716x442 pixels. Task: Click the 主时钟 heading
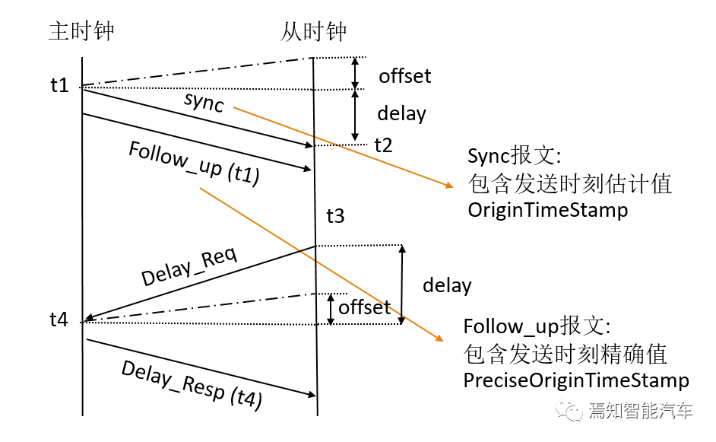[81, 32]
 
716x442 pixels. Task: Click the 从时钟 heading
[313, 32]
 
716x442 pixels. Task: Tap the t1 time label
[59, 85]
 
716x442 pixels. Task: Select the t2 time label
[383, 145]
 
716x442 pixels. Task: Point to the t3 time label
[335, 217]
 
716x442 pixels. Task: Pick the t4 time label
[59, 320]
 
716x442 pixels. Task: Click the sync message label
[204, 102]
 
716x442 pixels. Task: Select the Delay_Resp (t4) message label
[192, 385]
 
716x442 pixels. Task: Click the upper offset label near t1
[404, 76]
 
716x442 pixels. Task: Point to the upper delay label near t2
[401, 114]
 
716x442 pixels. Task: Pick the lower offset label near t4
[364, 307]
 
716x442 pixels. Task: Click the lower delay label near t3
[447, 285]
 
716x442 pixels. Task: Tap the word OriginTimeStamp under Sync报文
[548, 210]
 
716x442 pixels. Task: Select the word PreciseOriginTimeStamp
[576, 380]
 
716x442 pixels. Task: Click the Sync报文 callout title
[514, 157]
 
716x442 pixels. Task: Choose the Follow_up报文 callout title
[536, 327]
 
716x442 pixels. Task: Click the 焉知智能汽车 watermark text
[640, 412]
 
